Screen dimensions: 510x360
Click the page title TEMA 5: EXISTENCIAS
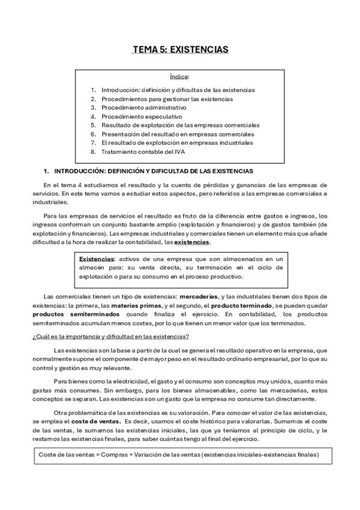[x=180, y=49]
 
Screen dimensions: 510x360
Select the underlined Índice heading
[x=180, y=77]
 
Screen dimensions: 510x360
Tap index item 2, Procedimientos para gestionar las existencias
[x=166, y=99]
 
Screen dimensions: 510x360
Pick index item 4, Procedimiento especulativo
[x=141, y=116]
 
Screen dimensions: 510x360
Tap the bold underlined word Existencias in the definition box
[x=97, y=259]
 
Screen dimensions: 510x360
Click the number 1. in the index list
[x=93, y=90]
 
